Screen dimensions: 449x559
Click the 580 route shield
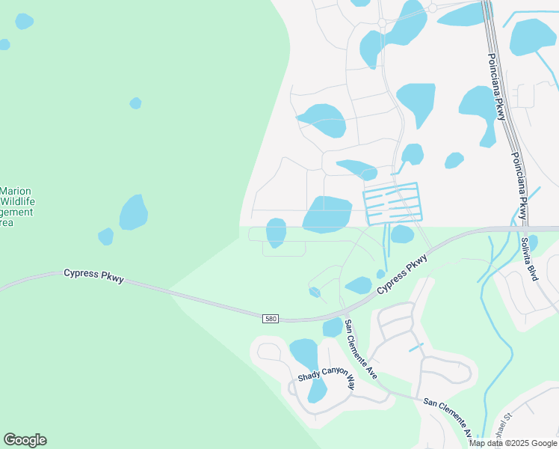(x=271, y=319)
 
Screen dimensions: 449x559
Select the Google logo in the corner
(x=25, y=440)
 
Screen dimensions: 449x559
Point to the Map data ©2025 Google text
(x=512, y=443)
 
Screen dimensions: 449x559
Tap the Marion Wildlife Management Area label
(x=17, y=206)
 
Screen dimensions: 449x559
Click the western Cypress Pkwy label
(x=93, y=275)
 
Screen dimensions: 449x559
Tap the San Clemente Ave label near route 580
(x=360, y=349)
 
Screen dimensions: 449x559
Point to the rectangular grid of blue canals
(x=392, y=202)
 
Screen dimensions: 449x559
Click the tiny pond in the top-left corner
(x=24, y=21)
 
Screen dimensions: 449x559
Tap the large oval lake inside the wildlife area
(x=133, y=213)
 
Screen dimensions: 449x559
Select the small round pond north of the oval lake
(x=135, y=103)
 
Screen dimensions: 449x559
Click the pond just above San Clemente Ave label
(x=333, y=327)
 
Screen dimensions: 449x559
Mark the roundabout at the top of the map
(x=432, y=7)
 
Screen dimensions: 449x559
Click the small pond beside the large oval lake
(x=106, y=236)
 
